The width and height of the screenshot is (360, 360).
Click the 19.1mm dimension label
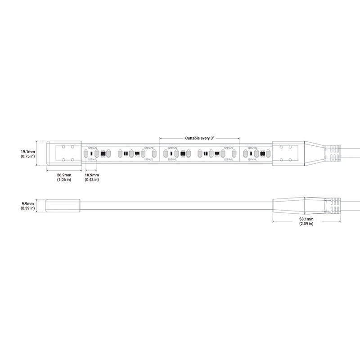tap(28, 152)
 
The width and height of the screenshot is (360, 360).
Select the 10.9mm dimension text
tap(92, 175)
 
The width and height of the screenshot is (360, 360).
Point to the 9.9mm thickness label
tap(28, 203)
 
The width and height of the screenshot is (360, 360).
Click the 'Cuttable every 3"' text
tap(200, 138)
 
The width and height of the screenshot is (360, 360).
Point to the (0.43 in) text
tap(92, 180)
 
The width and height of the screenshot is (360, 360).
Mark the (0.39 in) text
tap(28, 208)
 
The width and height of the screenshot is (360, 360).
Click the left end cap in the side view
tap(64, 206)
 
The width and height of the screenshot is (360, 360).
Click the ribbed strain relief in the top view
tap(334, 153)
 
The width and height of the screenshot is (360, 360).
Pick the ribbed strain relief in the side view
tap(334, 206)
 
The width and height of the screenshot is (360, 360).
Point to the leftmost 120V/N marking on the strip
tap(92, 147)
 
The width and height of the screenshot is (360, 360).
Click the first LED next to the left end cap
tap(85, 153)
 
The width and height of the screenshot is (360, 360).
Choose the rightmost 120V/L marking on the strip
tap(252, 159)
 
